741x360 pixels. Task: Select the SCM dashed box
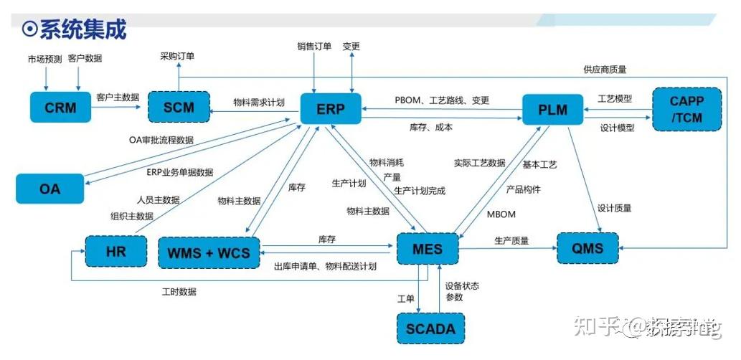179,108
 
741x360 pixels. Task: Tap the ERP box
331,108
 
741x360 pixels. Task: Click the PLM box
552,110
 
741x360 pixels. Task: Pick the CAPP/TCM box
686,108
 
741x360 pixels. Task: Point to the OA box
49,189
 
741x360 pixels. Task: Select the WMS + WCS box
209,253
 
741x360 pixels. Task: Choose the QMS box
588,249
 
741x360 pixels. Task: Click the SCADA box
430,329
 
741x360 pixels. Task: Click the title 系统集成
82,29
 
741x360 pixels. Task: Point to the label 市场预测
44,59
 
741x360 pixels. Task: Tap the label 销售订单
314,47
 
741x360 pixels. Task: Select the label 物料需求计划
259,103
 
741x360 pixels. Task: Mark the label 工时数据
179,292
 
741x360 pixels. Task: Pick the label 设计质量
614,208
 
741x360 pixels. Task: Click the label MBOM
501,214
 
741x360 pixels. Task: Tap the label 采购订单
177,55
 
